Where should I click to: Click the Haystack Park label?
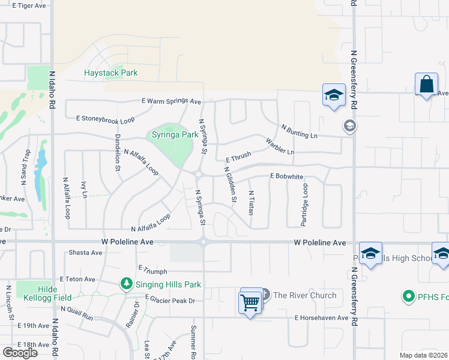(x=110, y=73)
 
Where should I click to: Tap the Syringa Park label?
(x=174, y=134)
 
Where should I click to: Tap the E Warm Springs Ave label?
(x=171, y=101)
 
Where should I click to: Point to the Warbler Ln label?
(x=280, y=147)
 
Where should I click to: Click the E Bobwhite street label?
(x=286, y=176)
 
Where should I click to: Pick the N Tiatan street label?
(x=252, y=203)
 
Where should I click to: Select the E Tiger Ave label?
(x=25, y=5)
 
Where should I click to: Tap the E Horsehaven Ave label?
(x=321, y=317)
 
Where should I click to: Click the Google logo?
(x=20, y=352)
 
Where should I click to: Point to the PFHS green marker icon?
(x=408, y=296)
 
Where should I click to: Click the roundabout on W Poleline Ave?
(x=204, y=242)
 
